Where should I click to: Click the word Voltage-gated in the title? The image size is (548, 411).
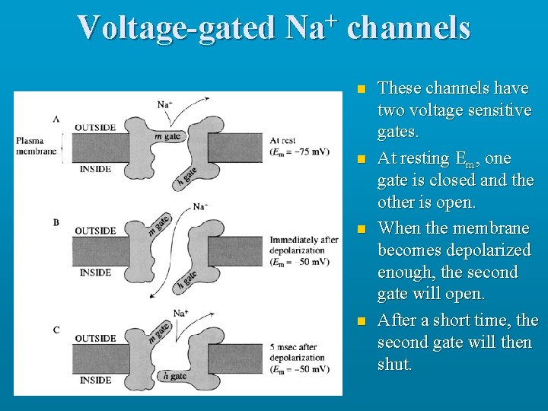(x=177, y=28)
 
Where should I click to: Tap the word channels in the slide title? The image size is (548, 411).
(x=409, y=28)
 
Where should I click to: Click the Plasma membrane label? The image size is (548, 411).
(x=37, y=145)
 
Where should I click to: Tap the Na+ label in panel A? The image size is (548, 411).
(x=164, y=104)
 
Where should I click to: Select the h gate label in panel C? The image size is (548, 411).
(x=174, y=375)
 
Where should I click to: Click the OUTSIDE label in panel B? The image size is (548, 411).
(x=95, y=231)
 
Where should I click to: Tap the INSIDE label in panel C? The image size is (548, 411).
(x=95, y=380)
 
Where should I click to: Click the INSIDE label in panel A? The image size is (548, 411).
(x=95, y=169)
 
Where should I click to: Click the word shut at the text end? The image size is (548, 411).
(x=394, y=365)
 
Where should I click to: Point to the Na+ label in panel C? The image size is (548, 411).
(x=181, y=312)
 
